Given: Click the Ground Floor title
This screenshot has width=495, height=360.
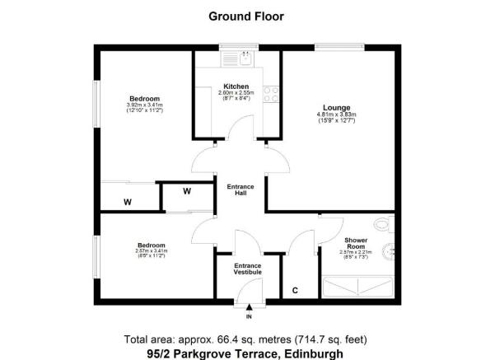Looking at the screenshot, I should [x=247, y=16].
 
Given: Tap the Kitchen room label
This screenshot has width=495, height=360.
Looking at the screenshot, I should [x=236, y=86].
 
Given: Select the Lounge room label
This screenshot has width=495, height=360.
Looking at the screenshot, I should [x=336, y=108].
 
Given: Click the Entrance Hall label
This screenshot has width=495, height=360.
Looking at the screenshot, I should [x=240, y=190].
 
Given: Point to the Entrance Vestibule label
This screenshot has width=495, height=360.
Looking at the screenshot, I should [x=248, y=269].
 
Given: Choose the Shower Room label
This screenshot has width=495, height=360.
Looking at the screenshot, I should [x=356, y=244].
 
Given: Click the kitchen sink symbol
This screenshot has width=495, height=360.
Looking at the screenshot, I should [x=245, y=58].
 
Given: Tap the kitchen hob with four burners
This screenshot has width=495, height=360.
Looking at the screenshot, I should [x=270, y=94].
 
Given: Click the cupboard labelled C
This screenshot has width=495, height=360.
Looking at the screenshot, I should [x=296, y=291].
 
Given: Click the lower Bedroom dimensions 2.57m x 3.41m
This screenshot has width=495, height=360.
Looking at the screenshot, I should [x=152, y=252].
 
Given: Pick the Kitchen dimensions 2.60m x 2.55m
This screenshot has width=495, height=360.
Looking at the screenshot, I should [x=236, y=93].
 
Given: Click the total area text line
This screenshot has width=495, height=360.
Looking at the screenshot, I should [x=246, y=339].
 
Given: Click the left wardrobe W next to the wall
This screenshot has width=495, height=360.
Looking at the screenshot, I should [x=128, y=201].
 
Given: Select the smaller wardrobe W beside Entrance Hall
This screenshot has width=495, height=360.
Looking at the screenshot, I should [x=186, y=193].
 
